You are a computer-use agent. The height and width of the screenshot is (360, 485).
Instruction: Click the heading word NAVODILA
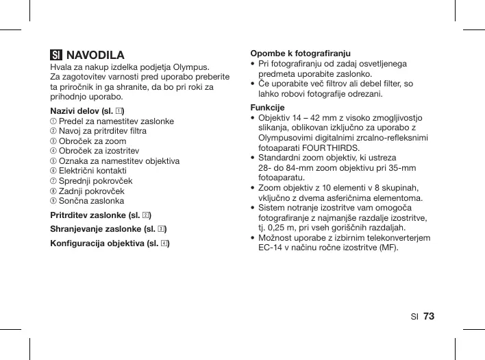[95, 55]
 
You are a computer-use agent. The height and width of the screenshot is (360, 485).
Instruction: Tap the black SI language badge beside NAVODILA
[56, 55]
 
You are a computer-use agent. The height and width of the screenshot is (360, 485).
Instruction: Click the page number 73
[430, 316]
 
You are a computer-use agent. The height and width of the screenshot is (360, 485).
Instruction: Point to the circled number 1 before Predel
[54, 121]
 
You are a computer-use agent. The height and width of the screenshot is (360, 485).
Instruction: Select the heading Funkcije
[268, 108]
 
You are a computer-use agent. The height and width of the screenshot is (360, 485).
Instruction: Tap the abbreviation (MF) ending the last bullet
[388, 248]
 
